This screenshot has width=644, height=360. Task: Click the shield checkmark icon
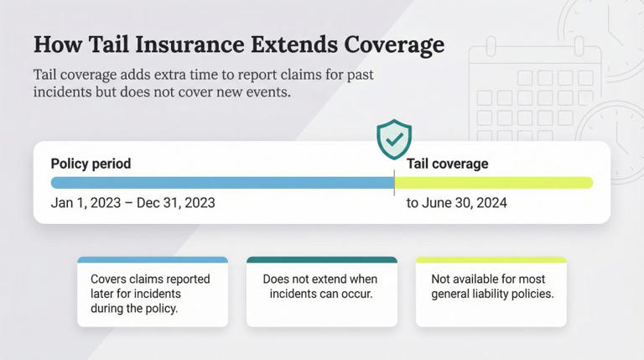393,138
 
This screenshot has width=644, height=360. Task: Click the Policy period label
91,164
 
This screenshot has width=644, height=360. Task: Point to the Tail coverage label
447,164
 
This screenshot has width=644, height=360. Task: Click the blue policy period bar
221,182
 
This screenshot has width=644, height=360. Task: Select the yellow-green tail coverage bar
494,182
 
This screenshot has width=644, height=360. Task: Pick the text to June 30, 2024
457,203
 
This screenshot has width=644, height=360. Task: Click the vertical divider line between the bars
394,182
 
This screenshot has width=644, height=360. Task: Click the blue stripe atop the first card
152,260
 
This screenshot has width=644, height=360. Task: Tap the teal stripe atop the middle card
321,260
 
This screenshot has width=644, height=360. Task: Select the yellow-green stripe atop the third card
491,260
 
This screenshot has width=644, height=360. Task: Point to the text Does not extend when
320,279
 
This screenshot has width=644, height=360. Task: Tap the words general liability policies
492,295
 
